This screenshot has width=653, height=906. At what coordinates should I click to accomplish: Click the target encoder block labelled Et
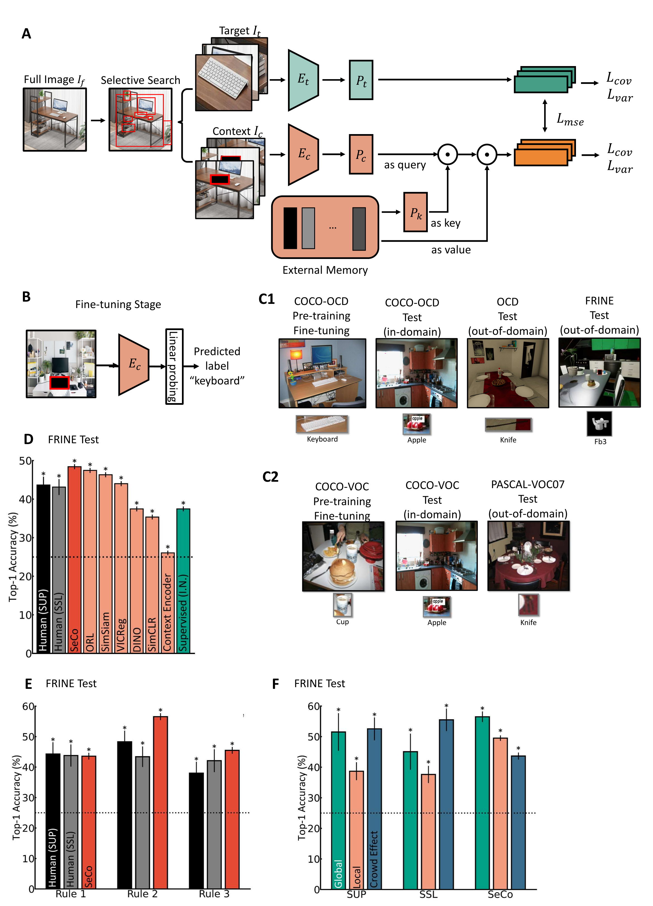click(x=303, y=80)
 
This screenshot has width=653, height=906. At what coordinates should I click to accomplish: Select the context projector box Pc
click(x=361, y=154)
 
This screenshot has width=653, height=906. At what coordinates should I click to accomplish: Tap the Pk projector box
click(x=415, y=212)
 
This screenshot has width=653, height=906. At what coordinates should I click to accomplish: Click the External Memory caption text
click(x=325, y=270)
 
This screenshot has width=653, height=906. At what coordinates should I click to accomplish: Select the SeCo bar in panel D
click(x=75, y=559)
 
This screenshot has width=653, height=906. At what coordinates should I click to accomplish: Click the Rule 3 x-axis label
click(x=214, y=894)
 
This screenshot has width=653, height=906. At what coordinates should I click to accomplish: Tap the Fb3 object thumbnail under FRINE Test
click(x=599, y=423)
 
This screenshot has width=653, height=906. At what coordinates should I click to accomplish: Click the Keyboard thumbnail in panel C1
click(x=322, y=424)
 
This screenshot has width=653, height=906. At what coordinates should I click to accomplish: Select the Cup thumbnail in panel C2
click(x=342, y=605)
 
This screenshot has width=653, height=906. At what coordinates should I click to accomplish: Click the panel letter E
click(x=28, y=684)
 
